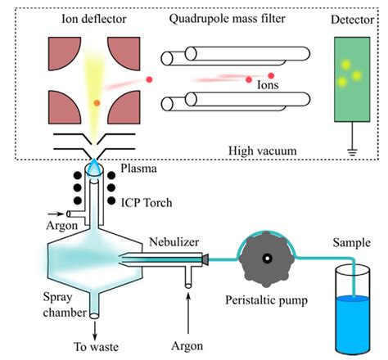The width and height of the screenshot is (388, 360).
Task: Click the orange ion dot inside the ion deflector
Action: tap(97, 103)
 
